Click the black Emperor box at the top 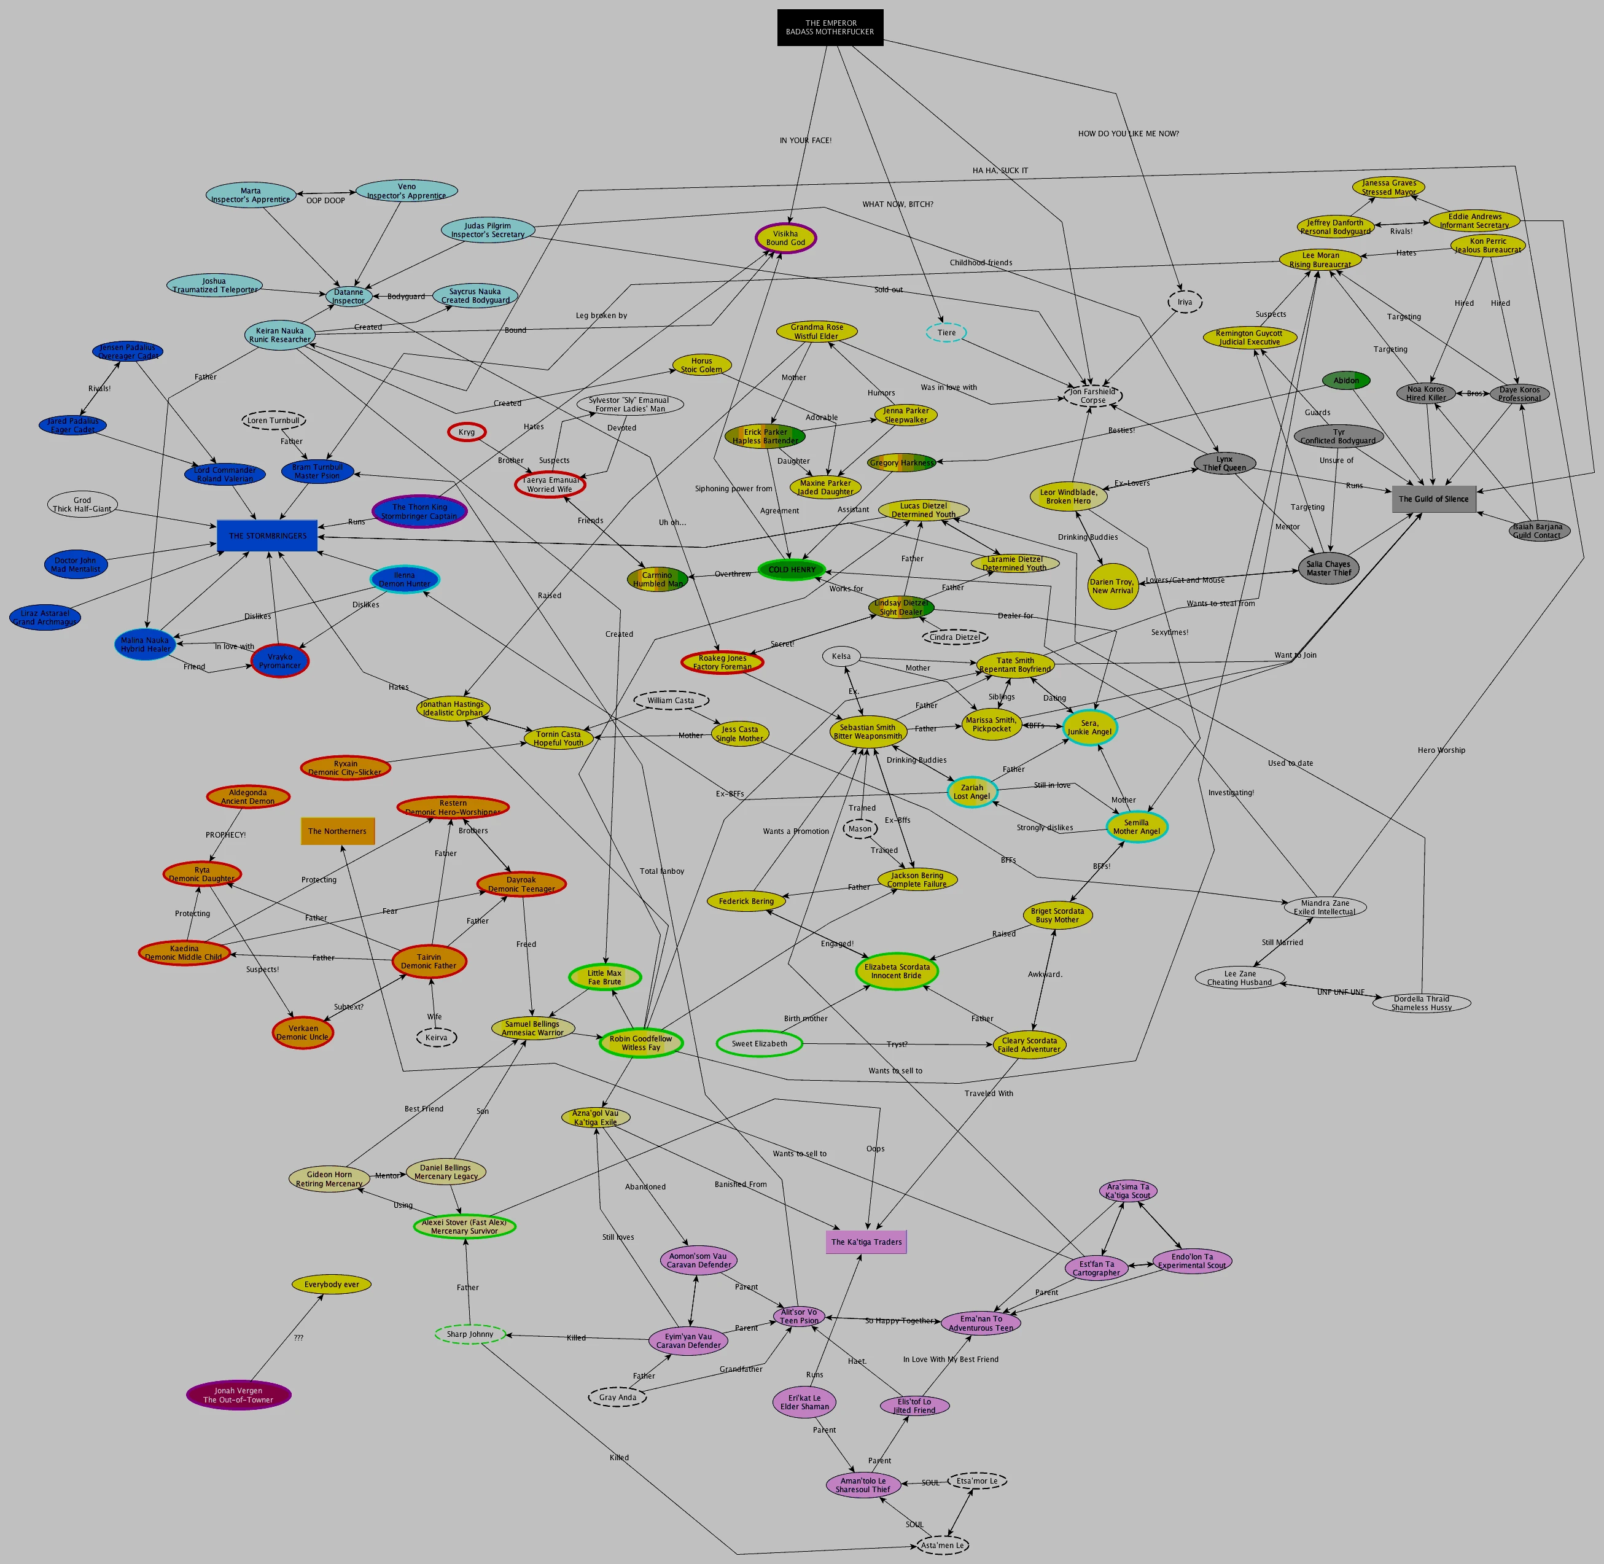830,28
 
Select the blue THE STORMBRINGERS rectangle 267,535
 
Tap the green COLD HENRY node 792,569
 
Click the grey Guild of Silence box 1433,499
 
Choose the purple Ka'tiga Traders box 866,1242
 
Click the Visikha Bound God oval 785,238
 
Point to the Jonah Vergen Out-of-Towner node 238,1395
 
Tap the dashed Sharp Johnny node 470,1334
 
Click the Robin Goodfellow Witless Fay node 640,1043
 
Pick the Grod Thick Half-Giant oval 82,504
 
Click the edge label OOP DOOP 325,200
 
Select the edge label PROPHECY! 225,835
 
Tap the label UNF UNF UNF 1341,992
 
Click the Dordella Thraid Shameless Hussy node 1421,1003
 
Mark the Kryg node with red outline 467,432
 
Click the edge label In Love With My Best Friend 950,1360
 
